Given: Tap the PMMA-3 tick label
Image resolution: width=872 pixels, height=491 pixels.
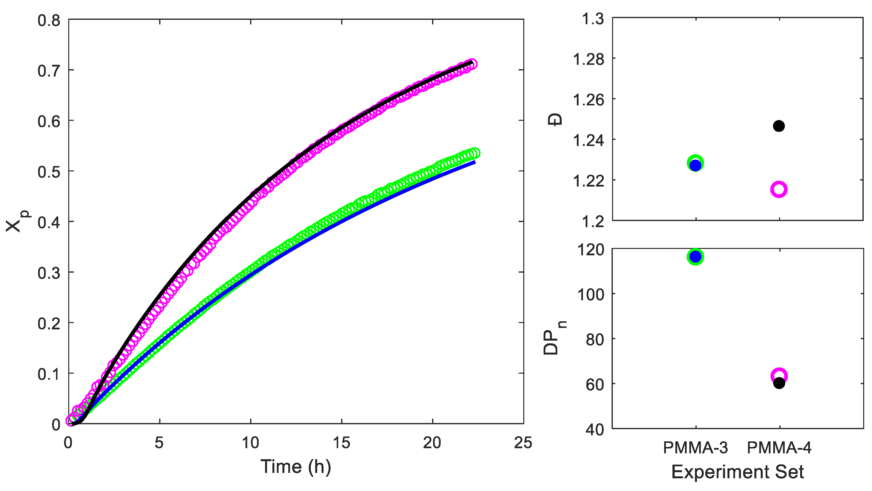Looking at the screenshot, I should [695, 448].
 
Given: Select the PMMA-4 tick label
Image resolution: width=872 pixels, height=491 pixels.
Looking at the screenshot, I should [779, 448].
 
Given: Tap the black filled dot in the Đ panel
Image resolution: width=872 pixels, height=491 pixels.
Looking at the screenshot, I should [779, 126].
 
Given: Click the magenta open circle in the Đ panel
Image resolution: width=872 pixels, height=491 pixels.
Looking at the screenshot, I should [779, 190].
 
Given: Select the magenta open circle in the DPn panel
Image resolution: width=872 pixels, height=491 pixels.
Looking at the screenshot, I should [779, 375].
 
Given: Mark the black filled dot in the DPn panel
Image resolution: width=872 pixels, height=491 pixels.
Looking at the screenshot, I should [779, 383].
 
